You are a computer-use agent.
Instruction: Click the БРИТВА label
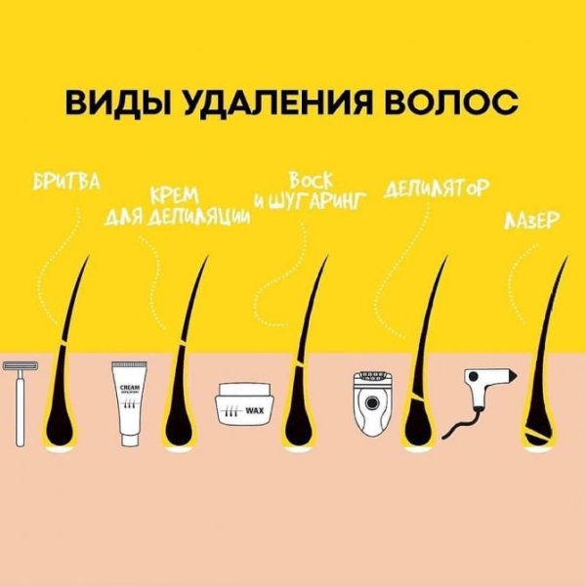[x=67, y=184]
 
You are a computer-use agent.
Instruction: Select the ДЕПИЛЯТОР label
[x=436, y=186]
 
